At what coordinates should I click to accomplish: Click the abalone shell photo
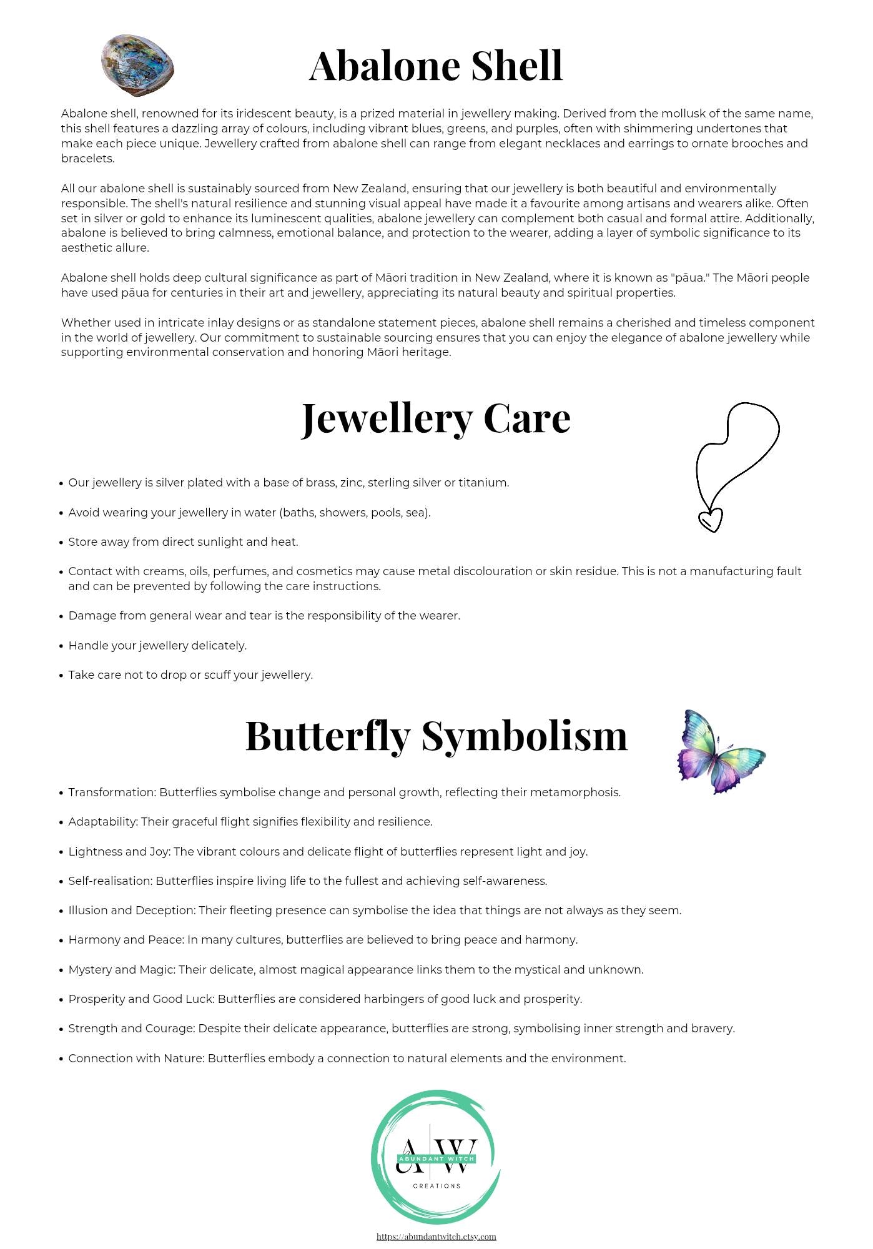[137, 66]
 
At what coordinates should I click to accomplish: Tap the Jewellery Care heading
[436, 418]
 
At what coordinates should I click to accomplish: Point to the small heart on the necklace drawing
[710, 520]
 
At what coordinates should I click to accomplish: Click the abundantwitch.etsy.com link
[436, 1236]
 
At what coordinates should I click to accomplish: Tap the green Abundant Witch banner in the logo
[436, 1158]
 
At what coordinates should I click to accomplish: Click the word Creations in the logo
[436, 1185]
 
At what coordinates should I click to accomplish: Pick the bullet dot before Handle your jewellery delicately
[61, 646]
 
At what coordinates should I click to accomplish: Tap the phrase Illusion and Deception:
[132, 911]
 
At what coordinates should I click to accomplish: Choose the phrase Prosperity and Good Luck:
[141, 999]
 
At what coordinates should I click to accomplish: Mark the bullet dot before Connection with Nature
[61, 1059]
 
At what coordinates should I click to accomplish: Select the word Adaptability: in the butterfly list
[103, 822]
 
